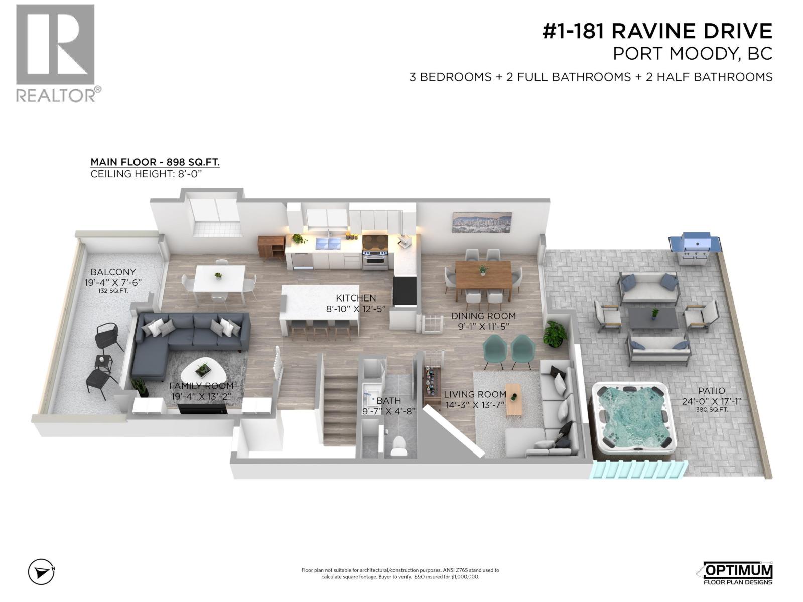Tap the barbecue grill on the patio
tap(696, 249)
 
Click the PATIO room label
tap(711, 391)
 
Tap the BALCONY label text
tap(113, 272)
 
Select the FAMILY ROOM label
tap(201, 386)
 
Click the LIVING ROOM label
tap(475, 395)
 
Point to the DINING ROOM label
tap(483, 316)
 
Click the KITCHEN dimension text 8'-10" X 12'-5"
tap(356, 309)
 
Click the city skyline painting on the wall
tap(481, 223)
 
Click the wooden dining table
tap(483, 274)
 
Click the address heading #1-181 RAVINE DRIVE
tap(657, 31)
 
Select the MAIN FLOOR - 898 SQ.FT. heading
tap(155, 162)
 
